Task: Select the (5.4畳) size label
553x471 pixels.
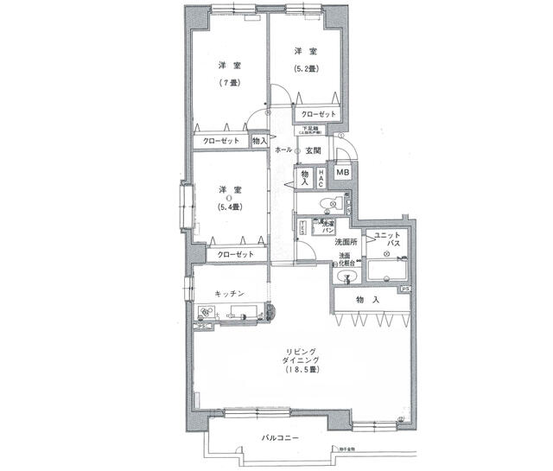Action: (x=230, y=207)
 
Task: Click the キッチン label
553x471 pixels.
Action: (x=229, y=295)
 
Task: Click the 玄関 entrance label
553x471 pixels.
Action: (x=314, y=151)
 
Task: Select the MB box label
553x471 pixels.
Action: (x=343, y=173)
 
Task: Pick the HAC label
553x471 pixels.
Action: (x=321, y=178)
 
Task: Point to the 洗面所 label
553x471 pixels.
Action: (x=347, y=243)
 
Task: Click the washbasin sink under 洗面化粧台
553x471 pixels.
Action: (x=349, y=277)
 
